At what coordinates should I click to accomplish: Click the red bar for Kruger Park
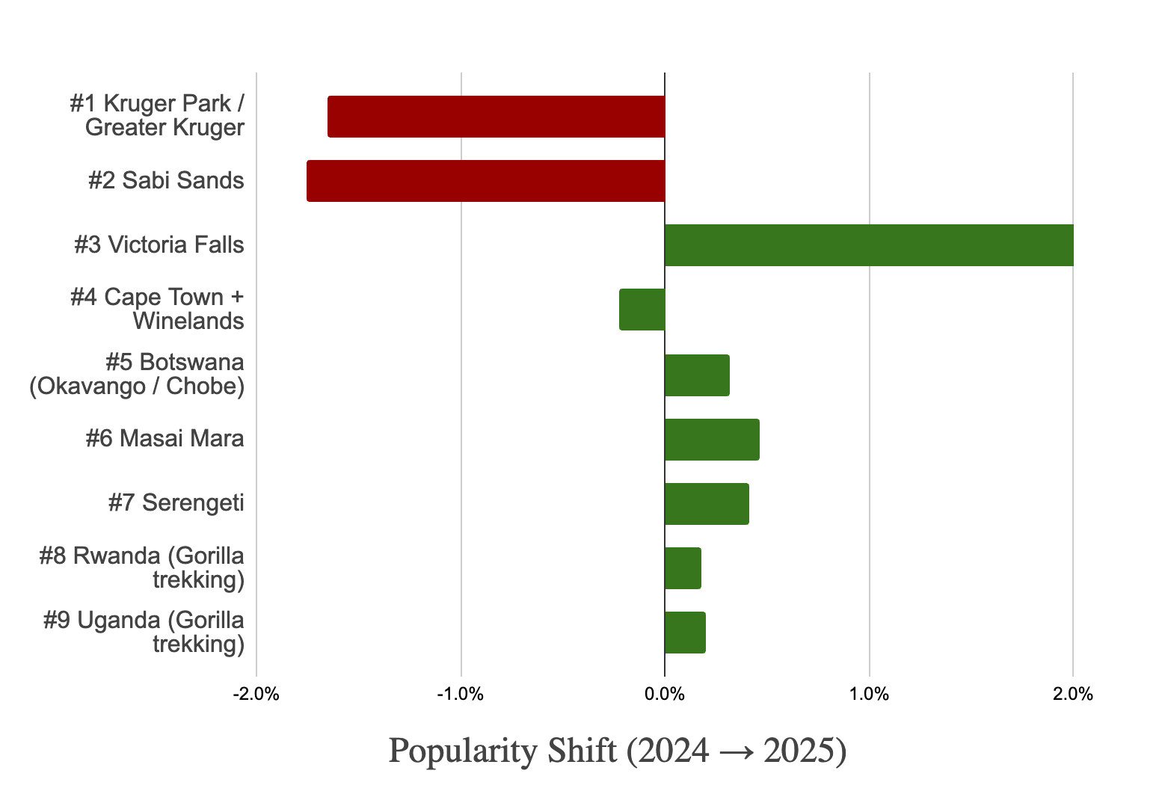coord(496,117)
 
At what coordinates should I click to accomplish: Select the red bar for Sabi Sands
coord(485,181)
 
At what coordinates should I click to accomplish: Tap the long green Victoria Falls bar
coord(869,245)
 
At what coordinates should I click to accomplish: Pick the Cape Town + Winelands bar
coord(642,310)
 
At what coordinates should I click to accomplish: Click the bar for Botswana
coord(697,375)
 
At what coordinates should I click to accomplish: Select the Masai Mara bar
coord(712,440)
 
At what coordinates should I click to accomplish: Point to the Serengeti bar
coord(707,504)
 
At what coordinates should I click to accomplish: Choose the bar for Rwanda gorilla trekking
coord(683,568)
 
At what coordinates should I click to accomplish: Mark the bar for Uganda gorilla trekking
coord(685,633)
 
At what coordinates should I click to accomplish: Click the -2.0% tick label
coord(256,695)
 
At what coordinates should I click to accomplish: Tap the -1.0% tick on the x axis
coord(461,695)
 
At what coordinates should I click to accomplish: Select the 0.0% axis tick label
coord(665,695)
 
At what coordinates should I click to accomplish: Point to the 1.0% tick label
coord(869,695)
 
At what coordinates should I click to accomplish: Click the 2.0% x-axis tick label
coord(1073,695)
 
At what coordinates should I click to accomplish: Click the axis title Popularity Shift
coord(617,751)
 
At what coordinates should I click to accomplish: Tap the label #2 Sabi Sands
coord(166,181)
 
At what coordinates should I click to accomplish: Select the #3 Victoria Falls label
coord(159,245)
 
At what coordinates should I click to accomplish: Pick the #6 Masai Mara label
coord(165,438)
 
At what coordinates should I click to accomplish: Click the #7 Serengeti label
coord(176,502)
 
